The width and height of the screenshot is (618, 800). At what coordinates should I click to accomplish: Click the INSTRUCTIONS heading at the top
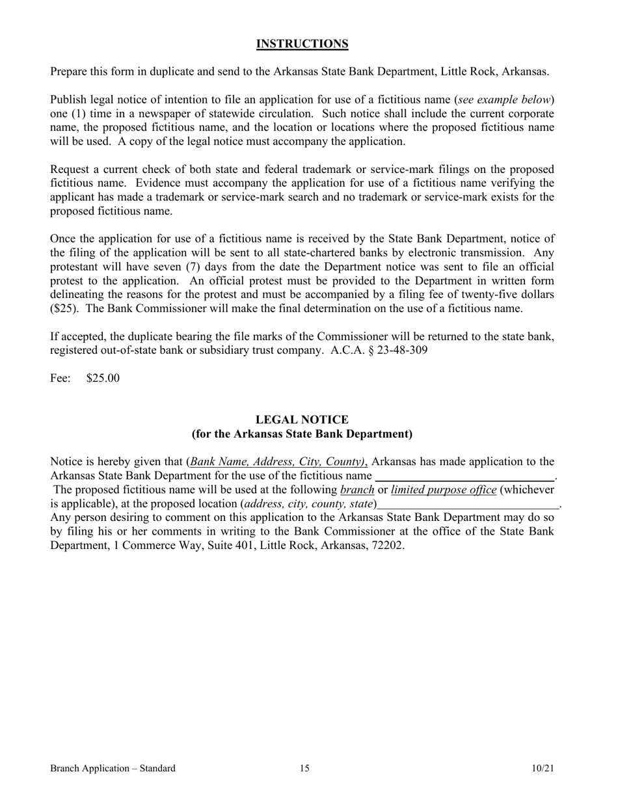click(302, 44)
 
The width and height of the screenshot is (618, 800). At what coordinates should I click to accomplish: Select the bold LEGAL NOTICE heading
click(302, 420)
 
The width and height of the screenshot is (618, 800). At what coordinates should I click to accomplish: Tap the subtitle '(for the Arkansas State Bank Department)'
click(302, 434)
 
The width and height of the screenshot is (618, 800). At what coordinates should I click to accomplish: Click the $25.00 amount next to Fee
click(103, 378)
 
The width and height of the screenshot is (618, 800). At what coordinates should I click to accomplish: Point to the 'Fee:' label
click(60, 378)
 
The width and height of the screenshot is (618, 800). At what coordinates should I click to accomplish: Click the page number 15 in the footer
click(304, 769)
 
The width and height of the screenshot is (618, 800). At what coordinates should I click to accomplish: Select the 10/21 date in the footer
click(543, 769)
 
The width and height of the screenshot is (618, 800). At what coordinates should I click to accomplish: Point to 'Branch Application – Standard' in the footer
click(113, 769)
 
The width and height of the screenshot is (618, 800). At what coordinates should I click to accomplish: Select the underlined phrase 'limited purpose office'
click(444, 490)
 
